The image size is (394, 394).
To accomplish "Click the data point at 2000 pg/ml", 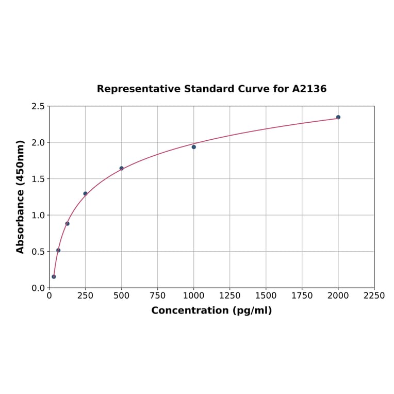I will click(338, 117).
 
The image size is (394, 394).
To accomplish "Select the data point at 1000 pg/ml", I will click(194, 147).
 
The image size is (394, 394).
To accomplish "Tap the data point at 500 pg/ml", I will click(122, 168).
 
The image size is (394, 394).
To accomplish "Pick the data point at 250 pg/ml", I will click(86, 193).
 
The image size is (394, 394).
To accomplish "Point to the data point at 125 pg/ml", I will click(68, 223).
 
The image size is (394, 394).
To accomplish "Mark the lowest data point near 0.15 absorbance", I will click(54, 276).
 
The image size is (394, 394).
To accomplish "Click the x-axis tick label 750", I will click(158, 295).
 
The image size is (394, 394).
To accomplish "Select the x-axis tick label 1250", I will click(230, 295).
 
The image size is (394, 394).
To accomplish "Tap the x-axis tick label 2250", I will click(374, 295).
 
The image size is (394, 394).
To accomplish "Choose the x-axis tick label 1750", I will click(302, 295).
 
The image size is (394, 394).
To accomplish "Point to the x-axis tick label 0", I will click(50, 295).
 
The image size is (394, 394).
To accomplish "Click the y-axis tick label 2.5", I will click(38, 106).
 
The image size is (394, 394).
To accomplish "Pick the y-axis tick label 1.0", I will click(38, 215).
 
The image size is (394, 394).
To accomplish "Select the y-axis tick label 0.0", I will click(38, 288).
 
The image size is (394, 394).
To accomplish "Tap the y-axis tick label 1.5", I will click(38, 179).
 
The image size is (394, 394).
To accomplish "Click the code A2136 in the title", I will click(309, 89).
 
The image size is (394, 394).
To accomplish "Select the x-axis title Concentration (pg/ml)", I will click(211, 310).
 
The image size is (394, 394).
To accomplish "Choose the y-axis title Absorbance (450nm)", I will click(21, 196).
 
